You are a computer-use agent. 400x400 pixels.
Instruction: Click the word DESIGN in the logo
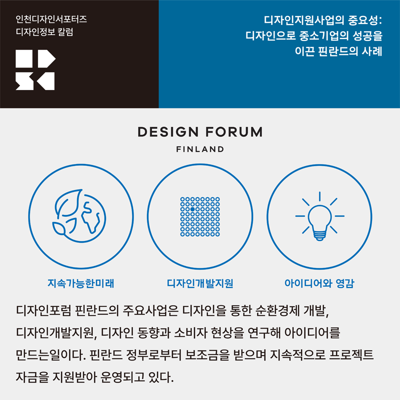(x=168, y=132)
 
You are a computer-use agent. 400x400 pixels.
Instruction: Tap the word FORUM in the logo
(x=234, y=132)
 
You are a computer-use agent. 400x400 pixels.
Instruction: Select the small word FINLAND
(x=200, y=149)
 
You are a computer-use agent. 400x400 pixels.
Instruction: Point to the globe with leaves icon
(x=79, y=216)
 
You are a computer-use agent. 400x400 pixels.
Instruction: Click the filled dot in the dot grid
(x=192, y=209)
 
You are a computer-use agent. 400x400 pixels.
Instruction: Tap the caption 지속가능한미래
(x=81, y=283)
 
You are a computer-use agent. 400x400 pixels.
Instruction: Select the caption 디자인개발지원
(x=200, y=283)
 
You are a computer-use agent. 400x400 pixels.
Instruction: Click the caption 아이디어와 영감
(x=319, y=283)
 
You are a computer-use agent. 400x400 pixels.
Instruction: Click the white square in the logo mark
(x=24, y=58)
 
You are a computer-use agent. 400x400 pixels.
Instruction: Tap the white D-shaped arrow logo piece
(x=46, y=58)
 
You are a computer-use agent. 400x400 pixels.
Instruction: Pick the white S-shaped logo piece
(x=24, y=81)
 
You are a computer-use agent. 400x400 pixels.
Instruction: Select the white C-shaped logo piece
(x=46, y=81)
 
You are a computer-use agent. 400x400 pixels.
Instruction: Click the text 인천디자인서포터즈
(x=51, y=19)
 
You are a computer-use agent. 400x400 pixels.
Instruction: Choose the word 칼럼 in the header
(x=65, y=32)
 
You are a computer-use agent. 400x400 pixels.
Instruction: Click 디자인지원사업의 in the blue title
(x=304, y=20)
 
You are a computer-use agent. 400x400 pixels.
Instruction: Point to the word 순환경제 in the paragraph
(x=277, y=310)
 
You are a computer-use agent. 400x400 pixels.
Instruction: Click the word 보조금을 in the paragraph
(x=207, y=355)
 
